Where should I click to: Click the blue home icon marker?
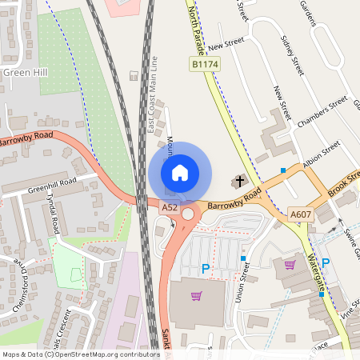(180, 172)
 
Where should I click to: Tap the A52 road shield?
(170, 207)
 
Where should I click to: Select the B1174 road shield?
(204, 63)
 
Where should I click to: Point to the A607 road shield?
(299, 214)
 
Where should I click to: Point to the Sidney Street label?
(292, 56)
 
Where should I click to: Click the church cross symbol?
(238, 182)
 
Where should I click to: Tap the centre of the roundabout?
(189, 214)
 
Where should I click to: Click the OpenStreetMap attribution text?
(80, 354)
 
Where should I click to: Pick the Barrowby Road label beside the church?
(234, 200)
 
